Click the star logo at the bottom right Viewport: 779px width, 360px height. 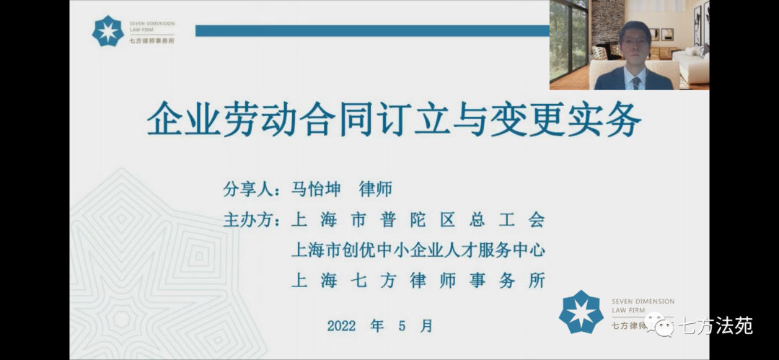coord(581,311)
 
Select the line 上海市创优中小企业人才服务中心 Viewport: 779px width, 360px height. coord(418,250)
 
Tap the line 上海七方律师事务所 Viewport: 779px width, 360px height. coord(418,281)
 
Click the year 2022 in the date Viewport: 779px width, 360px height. coord(343,326)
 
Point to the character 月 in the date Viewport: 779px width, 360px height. coord(426,325)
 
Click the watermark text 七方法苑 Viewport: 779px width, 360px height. coord(716,325)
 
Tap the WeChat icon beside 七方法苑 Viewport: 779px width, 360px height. coord(659,325)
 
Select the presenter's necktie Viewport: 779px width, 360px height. coord(635,82)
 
